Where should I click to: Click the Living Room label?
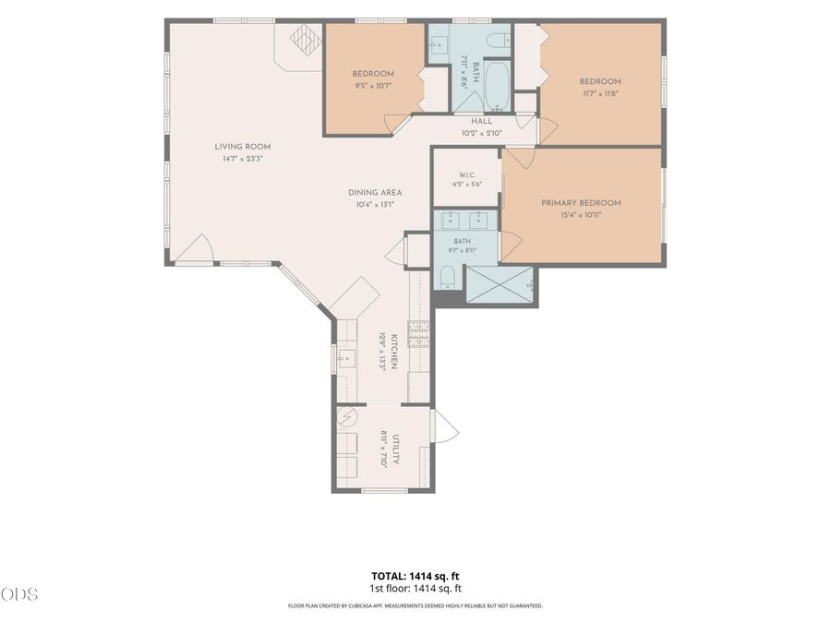(243, 147)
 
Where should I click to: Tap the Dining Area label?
(375, 193)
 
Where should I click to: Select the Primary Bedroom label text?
(581, 203)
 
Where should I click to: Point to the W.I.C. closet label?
(467, 175)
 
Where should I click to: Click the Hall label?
(481, 121)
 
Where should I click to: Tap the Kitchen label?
(394, 352)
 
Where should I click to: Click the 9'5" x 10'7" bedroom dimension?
(373, 85)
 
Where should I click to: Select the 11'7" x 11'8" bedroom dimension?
(600, 93)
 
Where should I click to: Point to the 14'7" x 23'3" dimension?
(243, 159)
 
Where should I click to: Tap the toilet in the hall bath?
(498, 40)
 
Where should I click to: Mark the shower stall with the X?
(500, 284)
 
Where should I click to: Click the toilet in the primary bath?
(448, 278)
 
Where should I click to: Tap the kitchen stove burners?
(418, 334)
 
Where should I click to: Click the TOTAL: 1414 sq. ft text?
(415, 576)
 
